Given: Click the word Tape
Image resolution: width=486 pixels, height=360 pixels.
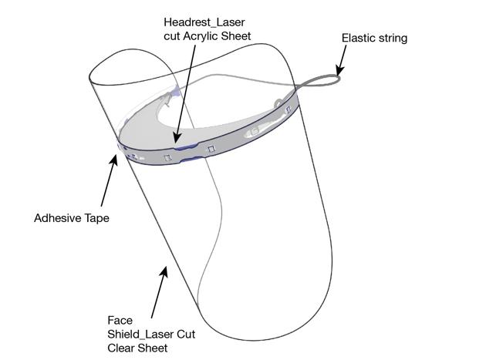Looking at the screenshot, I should pos(97,218).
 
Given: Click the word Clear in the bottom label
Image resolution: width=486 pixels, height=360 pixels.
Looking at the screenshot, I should pos(122,347).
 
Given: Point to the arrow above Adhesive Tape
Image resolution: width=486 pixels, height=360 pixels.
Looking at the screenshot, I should pos(108,182).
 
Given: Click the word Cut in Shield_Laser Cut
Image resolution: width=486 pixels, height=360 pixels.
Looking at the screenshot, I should pos(185,333).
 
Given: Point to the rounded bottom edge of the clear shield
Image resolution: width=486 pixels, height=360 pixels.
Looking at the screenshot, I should pos(255,339).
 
